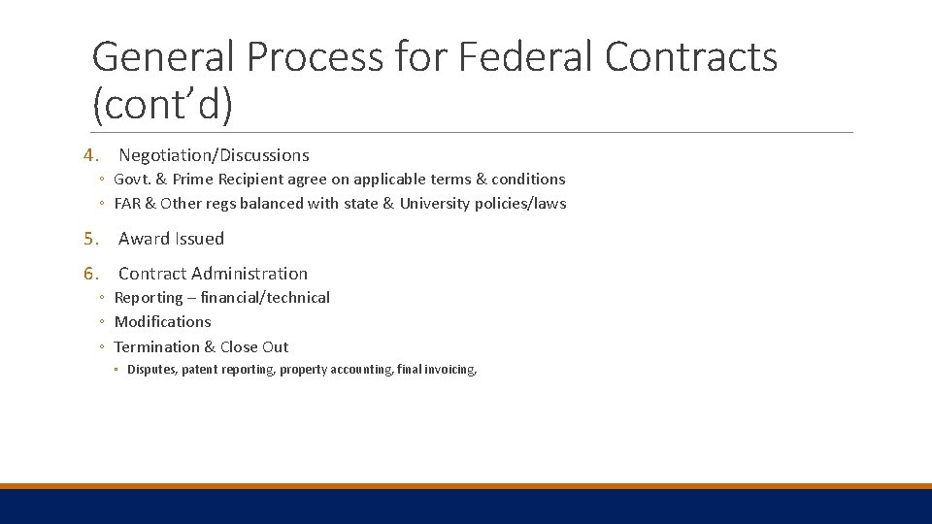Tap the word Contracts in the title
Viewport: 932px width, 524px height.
pos(690,57)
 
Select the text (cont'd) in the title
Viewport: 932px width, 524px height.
pos(162,106)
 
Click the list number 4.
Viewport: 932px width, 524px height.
pos(90,155)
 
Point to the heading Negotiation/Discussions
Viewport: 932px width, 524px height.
pos(214,155)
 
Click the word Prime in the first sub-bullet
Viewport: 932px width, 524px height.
pos(193,180)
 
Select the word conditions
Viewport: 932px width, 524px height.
pos(528,180)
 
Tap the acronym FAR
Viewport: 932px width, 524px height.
pos(128,204)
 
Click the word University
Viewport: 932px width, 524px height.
pos(436,204)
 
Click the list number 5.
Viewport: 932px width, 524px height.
pos(90,239)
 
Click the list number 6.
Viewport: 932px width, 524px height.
pos(90,274)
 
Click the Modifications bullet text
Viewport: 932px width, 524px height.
pos(162,322)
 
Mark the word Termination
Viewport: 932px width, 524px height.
pos(155,347)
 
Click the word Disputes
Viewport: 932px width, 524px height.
pos(151,370)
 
